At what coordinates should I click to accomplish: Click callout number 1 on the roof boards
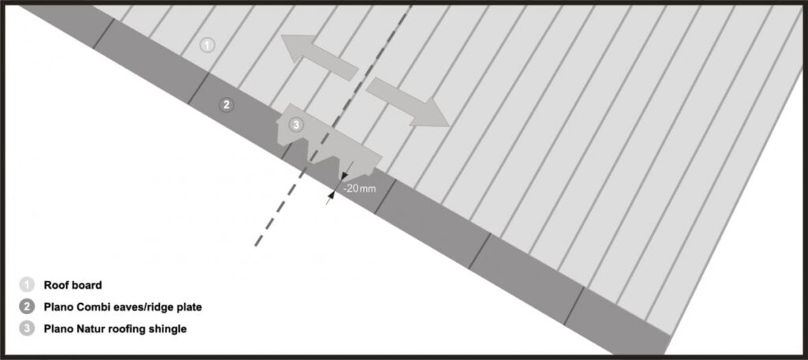[207, 45]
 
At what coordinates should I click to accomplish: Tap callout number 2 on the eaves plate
[226, 105]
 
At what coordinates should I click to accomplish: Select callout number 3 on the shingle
[295, 124]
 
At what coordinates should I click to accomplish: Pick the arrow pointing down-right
[408, 102]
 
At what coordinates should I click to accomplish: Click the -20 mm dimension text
[360, 189]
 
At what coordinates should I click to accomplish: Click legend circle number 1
[27, 285]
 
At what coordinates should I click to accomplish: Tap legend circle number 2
[27, 307]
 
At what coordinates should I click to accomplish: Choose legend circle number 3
[27, 328]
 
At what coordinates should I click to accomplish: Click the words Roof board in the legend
[73, 285]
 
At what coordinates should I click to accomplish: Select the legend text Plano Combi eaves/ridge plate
[122, 307]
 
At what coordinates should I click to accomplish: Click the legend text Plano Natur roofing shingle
[115, 329]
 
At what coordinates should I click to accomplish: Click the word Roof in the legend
[55, 285]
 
